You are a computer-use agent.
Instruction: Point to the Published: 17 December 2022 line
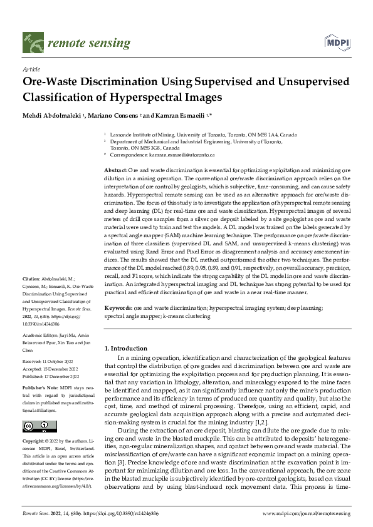[x=51, y=377]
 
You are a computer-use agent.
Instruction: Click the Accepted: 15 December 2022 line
[x=51, y=369]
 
